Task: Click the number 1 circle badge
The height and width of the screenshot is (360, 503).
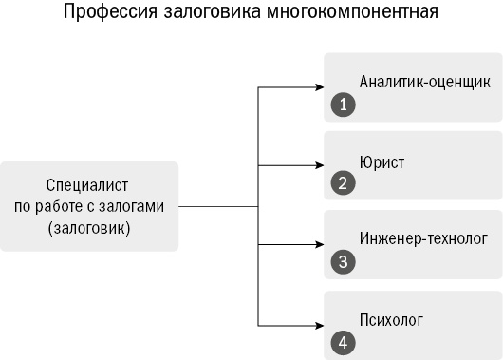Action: (343, 104)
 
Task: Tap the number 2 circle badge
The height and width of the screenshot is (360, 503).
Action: (343, 183)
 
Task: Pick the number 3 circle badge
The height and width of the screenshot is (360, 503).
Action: (343, 262)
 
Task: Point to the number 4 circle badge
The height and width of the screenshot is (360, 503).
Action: (343, 341)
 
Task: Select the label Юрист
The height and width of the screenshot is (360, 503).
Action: (382, 162)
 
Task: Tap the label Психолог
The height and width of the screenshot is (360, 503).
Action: (390, 319)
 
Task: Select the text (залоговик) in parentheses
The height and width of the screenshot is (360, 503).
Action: (88, 228)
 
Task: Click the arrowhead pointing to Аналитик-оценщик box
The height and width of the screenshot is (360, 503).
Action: (319, 87)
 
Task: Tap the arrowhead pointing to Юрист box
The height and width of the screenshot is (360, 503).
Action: (319, 165)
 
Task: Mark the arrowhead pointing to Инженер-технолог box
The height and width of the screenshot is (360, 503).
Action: (319, 245)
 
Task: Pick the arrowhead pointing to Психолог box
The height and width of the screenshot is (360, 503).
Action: (319, 324)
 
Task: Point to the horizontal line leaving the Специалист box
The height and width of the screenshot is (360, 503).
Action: (218, 206)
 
